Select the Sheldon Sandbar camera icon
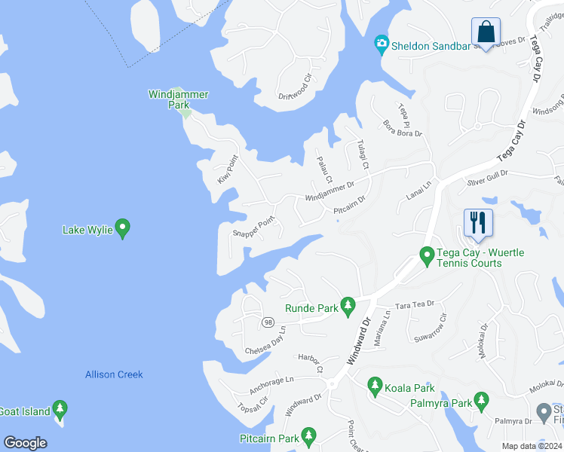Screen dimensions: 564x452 tap(382, 44)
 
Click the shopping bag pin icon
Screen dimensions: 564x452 tap(486, 32)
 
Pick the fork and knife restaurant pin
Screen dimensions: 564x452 tap(478, 223)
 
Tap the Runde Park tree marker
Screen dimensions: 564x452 tap(348, 305)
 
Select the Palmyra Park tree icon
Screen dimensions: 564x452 tap(481, 402)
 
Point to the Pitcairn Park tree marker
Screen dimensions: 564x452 tap(308, 436)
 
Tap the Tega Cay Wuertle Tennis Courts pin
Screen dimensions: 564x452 tap(427, 257)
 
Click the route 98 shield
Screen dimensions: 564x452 tap(268, 322)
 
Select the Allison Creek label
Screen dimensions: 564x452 tap(114, 374)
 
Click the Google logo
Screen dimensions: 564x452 tap(25, 443)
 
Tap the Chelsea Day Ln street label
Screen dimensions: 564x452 tap(265, 341)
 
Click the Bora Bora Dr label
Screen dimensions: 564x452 tap(403, 128)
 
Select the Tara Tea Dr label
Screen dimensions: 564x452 tap(415, 304)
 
